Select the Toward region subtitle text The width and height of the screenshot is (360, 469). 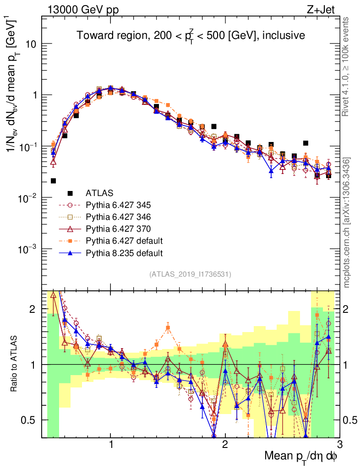[191, 35]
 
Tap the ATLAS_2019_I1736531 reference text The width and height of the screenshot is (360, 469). [190, 274]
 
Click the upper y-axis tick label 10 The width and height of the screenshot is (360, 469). [31, 44]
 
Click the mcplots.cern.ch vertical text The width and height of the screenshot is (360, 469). [347, 223]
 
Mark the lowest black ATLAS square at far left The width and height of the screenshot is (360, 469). [54, 181]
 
